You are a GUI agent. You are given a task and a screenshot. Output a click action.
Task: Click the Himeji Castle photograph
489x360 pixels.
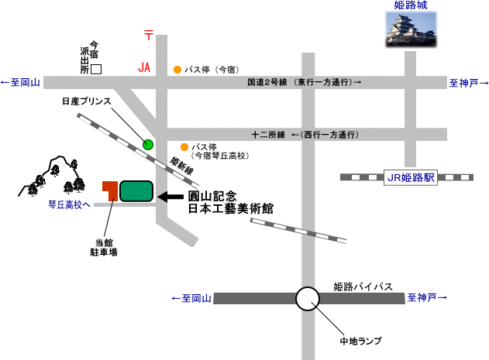pyautogui.click(x=411, y=29)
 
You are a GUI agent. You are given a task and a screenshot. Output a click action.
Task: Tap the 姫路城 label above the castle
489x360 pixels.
pyautogui.click(x=411, y=5)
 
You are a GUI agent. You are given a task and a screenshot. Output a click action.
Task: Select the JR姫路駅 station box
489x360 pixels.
pyautogui.click(x=411, y=177)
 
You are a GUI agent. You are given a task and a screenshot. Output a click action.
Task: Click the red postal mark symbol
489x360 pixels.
pyautogui.click(x=149, y=35)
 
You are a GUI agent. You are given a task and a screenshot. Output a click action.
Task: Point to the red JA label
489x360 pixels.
pyautogui.click(x=144, y=67)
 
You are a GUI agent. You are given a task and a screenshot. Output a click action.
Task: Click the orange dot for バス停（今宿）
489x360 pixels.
pyautogui.click(x=177, y=70)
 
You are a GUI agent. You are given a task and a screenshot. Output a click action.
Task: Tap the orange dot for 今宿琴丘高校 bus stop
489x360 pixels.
pyautogui.click(x=184, y=147)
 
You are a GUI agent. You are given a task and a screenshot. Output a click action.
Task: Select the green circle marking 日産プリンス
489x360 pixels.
pyautogui.click(x=148, y=144)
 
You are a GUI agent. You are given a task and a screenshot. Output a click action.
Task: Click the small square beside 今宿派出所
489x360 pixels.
pyautogui.click(x=96, y=69)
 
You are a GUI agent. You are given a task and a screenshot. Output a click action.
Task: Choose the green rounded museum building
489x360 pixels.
pyautogui.click(x=136, y=191)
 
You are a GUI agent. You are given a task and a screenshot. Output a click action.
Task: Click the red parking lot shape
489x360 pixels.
pyautogui.click(x=111, y=190)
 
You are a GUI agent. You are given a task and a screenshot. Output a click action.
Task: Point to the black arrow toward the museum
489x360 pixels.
pyautogui.click(x=170, y=197)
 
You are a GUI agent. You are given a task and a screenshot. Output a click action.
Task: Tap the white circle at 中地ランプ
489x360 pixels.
pyautogui.click(x=308, y=299)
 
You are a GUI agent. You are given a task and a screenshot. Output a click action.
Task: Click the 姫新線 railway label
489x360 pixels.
pyautogui.click(x=182, y=166)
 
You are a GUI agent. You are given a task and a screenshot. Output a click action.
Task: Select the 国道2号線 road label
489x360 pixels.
pyautogui.click(x=267, y=82)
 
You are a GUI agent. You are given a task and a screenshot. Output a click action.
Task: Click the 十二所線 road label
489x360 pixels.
pyautogui.click(x=268, y=135)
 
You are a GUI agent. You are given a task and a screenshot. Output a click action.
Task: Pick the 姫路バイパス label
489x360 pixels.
pyautogui.click(x=363, y=286)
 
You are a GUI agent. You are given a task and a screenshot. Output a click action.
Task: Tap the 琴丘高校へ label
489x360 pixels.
pyautogui.click(x=69, y=204)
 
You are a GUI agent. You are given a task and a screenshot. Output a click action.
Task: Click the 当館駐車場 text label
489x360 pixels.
pyautogui.click(x=104, y=248)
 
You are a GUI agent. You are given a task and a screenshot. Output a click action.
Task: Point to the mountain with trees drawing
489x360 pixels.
pyautogui.click(x=52, y=176)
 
